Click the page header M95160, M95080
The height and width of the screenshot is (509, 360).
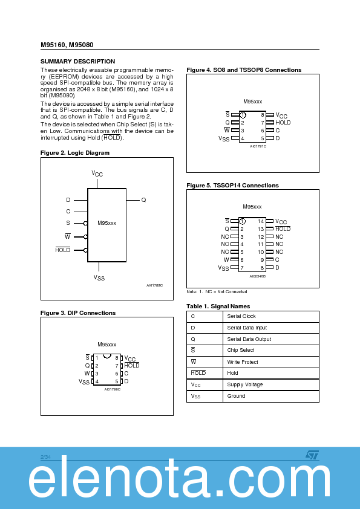tap(67, 45)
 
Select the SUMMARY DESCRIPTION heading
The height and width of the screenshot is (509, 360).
tap(77, 62)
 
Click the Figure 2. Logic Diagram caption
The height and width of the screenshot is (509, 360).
tap(75, 153)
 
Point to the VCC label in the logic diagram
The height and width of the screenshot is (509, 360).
tap(97, 173)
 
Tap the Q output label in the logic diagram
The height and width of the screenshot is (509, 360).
tap(143, 199)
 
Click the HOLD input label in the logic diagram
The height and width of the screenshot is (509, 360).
tap(63, 250)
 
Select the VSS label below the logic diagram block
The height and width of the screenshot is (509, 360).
tap(99, 277)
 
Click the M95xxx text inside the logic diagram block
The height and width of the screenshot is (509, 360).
tap(106, 223)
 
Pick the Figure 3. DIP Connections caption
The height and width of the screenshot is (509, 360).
tap(78, 313)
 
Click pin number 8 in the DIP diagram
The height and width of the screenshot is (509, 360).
tap(116, 358)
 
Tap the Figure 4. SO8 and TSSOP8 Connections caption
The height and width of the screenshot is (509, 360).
tap(244, 70)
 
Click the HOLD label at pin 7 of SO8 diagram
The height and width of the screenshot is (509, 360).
tap(283, 123)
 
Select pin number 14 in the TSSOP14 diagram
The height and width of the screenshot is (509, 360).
tap(261, 222)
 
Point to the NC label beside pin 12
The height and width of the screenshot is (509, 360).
tap(279, 237)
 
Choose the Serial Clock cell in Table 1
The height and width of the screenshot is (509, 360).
tap(241, 317)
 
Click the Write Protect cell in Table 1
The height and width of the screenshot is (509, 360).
tap(242, 362)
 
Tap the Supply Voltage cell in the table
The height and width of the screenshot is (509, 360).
tap(244, 384)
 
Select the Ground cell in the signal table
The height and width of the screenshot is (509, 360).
tap(236, 396)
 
